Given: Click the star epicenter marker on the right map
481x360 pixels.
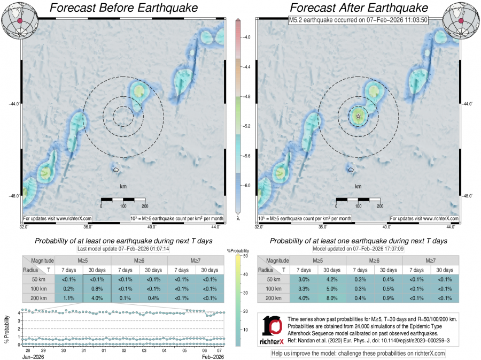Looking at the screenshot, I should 358,116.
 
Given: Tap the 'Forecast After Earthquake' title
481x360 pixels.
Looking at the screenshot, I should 359,8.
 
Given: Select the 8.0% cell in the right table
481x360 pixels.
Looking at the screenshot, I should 332,298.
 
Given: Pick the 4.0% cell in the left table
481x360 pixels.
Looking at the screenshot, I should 97,298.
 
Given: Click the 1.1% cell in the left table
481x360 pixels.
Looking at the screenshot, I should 69,298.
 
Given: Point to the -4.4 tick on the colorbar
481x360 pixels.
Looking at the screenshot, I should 245,67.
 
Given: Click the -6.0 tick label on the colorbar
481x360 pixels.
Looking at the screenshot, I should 245,185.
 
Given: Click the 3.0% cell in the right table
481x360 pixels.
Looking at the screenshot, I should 304,279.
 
